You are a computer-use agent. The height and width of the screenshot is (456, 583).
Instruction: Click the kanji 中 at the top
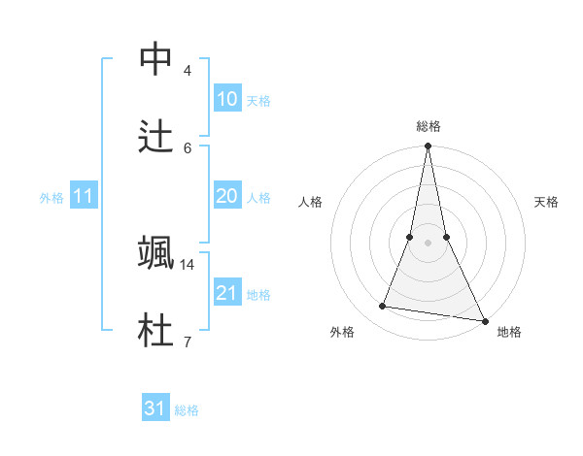(156, 60)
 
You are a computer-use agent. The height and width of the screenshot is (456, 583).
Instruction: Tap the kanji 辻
(156, 136)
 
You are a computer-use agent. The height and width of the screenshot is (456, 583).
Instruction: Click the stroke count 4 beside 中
(187, 71)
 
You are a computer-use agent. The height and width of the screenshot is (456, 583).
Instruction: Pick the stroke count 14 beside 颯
(188, 264)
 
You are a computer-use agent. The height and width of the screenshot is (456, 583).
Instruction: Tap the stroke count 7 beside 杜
(187, 342)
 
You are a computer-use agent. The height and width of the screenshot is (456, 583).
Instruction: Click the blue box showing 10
(226, 99)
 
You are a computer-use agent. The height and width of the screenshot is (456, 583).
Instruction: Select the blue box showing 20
(226, 196)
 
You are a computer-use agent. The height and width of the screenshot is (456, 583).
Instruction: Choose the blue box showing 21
(226, 293)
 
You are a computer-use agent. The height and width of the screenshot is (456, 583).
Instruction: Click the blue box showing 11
(84, 197)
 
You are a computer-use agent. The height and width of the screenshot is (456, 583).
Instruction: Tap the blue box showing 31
(155, 408)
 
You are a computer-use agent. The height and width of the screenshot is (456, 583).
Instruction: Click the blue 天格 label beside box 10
(258, 101)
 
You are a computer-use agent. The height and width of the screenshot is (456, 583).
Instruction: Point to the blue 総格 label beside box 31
(187, 410)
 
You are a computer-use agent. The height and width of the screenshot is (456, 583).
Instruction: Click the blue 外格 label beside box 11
(51, 198)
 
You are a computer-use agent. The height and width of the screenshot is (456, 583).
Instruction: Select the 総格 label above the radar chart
(428, 127)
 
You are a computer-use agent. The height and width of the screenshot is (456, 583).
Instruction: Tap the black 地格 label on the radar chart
(509, 333)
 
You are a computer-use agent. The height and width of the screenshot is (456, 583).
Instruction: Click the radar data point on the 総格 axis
(428, 147)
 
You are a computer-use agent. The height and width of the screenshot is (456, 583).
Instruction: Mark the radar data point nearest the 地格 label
(484, 321)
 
